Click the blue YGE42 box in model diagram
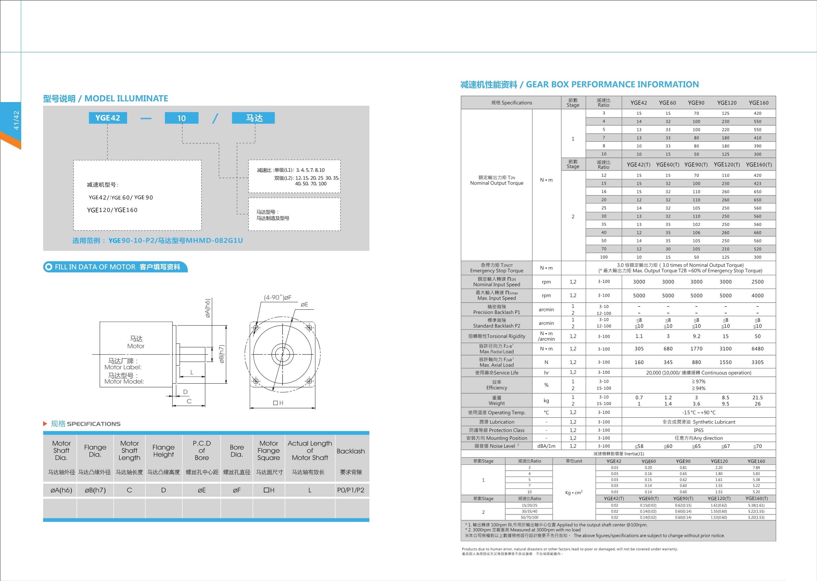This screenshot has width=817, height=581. [x=108, y=118]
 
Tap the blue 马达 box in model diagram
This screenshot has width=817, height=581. [x=253, y=118]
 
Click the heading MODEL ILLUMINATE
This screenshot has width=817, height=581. [x=126, y=98]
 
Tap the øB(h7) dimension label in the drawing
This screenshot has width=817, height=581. [x=221, y=354]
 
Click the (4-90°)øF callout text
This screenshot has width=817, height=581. [x=278, y=297]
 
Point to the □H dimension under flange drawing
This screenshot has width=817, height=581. [x=278, y=403]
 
